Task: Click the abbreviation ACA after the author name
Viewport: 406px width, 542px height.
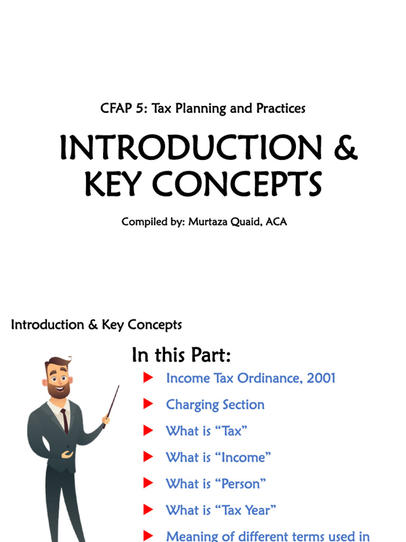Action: [276, 222]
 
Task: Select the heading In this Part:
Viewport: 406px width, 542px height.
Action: [181, 355]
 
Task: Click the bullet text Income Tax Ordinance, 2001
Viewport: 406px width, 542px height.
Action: [251, 378]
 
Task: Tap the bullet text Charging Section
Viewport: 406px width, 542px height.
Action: [215, 404]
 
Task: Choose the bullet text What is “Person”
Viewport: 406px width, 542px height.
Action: [216, 484]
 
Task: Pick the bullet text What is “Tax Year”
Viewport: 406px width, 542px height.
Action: [221, 510]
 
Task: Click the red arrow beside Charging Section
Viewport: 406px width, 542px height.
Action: [148, 404]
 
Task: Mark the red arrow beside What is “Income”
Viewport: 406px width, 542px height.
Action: [148, 457]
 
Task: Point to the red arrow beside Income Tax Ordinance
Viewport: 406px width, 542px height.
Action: [148, 377]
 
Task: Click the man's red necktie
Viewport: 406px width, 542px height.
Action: [64, 421]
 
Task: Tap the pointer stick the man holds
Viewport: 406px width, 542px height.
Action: [113, 402]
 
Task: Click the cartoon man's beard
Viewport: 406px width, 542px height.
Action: [58, 391]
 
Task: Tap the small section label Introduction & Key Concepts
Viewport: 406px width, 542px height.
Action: [96, 324]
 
